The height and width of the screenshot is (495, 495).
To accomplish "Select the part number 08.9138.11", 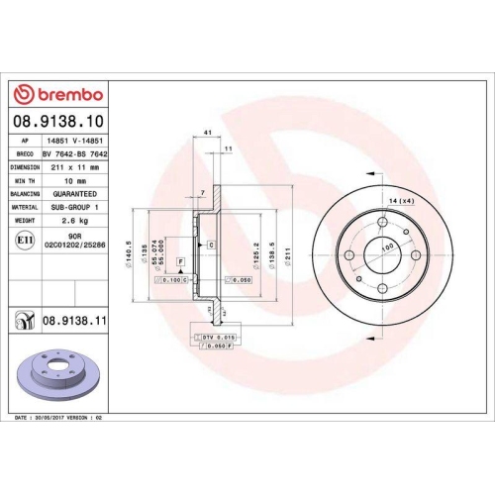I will pyautogui.click(x=73, y=322).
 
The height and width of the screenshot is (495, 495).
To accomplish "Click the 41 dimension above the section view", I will pyautogui.click(x=208, y=133).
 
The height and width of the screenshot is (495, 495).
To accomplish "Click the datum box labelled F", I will pyautogui.click(x=182, y=260).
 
